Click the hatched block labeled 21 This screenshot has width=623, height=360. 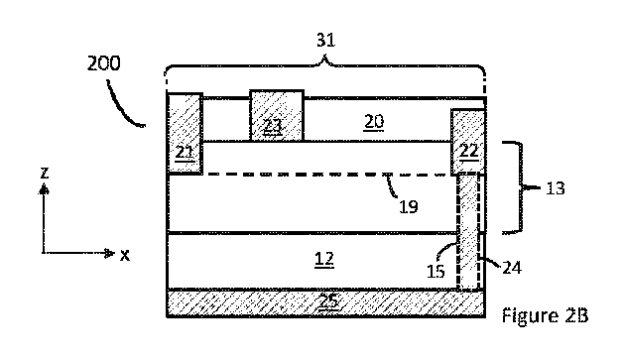185,134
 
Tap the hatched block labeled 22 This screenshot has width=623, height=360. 468,141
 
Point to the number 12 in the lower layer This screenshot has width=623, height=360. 323,260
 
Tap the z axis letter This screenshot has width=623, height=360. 44,173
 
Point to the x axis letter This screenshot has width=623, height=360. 125,255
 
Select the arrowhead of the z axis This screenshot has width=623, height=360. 44,187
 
